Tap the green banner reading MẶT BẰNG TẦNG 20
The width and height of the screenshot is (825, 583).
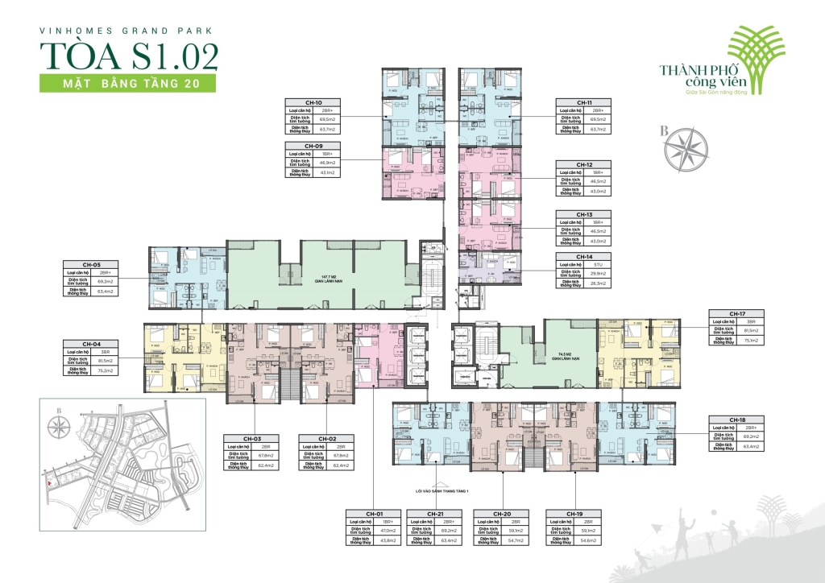coord(120,83)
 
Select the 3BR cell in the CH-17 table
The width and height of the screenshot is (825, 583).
coord(751,321)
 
